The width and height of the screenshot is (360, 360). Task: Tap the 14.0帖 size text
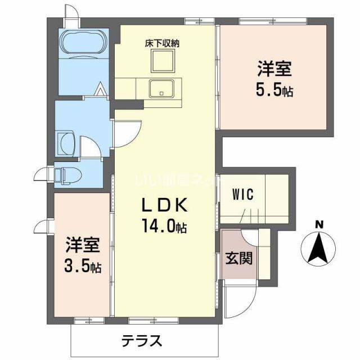164,228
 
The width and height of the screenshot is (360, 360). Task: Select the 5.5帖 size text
274,90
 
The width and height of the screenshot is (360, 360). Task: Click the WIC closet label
244,195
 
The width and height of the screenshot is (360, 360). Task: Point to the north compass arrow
319,247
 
